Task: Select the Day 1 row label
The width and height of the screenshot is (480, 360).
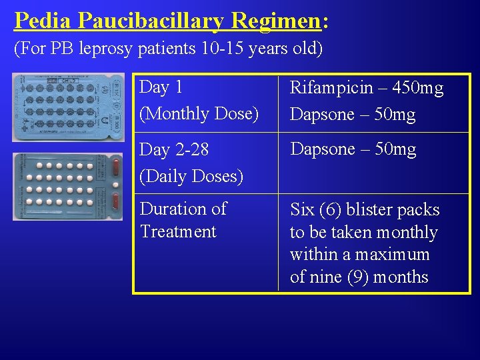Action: click(x=161, y=87)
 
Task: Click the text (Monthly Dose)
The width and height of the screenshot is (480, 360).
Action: click(x=199, y=113)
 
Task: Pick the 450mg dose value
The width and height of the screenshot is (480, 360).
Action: click(x=417, y=88)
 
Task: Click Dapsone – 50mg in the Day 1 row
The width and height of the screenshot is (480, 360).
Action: click(x=353, y=114)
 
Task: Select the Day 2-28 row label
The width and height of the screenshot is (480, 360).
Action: click(x=174, y=150)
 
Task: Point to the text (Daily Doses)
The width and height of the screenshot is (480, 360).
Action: click(x=191, y=176)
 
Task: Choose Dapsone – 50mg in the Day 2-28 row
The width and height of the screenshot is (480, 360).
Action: click(x=353, y=149)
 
